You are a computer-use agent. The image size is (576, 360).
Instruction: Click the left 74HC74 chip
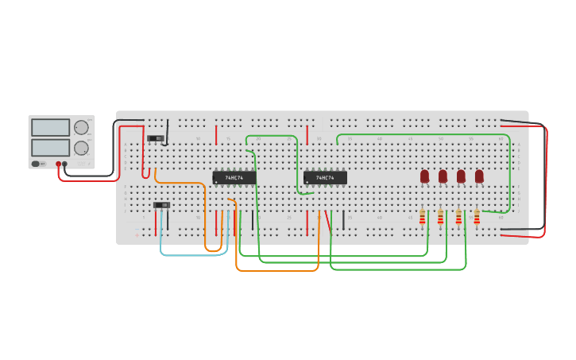tap(234, 178)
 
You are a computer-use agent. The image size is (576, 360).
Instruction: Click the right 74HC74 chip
tap(325, 178)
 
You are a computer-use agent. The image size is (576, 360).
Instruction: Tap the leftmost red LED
tap(424, 176)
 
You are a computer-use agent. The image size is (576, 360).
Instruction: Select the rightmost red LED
tap(479, 176)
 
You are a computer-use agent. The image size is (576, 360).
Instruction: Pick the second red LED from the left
tap(443, 176)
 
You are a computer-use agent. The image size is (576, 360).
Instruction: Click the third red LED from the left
tap(461, 176)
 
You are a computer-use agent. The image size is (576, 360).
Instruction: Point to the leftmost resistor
tap(422, 217)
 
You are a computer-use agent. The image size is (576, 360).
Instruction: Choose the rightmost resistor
tap(477, 217)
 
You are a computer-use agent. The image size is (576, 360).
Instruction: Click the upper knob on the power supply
tap(81, 127)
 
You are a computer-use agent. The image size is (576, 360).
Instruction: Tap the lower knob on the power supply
tap(81, 148)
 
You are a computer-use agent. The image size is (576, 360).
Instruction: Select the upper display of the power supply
tap(50, 127)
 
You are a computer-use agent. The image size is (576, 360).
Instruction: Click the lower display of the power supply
tap(50, 148)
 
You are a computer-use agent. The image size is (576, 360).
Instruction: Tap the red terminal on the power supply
tap(58, 164)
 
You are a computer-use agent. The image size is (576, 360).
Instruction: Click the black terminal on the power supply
tap(65, 164)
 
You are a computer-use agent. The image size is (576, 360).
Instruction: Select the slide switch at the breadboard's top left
tap(157, 138)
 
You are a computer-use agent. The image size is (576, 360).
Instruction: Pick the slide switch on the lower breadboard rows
tap(161, 205)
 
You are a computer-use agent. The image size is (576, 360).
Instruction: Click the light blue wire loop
tap(194, 255)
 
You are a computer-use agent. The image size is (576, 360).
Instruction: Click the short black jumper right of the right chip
tap(344, 221)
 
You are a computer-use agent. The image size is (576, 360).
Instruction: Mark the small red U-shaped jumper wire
tap(145, 173)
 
